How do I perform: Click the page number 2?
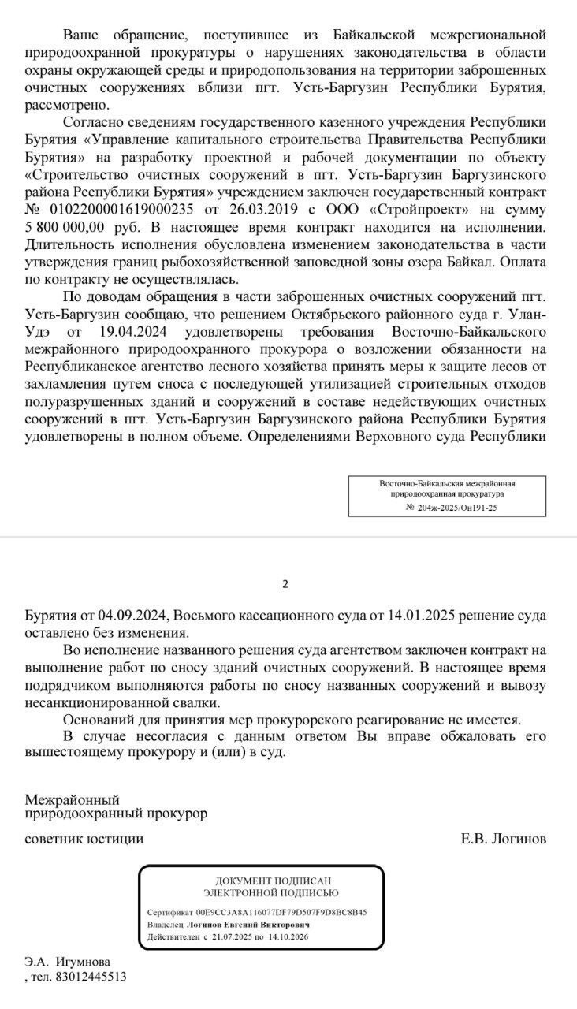tap(286, 584)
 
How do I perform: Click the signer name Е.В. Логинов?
tap(503, 839)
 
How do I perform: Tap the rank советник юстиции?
tap(84, 839)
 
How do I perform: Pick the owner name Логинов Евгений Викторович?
tap(246, 925)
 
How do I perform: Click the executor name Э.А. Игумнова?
tap(68, 962)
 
